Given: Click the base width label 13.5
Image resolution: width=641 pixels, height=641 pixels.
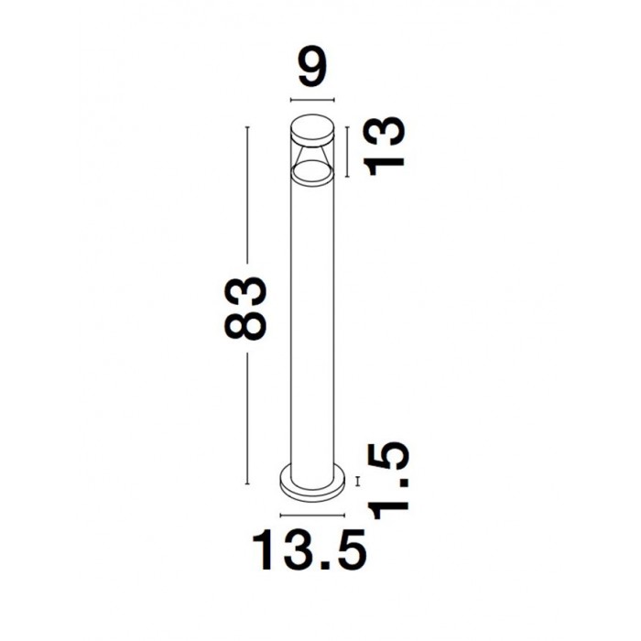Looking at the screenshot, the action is pos(310,550).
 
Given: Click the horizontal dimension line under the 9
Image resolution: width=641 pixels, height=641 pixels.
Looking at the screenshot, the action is pos(312,99).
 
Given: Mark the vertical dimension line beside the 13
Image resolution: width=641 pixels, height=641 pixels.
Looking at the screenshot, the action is pos(347,152).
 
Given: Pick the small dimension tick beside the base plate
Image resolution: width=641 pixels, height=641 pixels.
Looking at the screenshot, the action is pos(358,481).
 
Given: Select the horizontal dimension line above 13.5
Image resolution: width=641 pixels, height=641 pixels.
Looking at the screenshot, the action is pos(312,515).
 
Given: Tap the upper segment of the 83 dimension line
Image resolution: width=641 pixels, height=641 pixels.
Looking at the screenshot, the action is pos(247,194).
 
